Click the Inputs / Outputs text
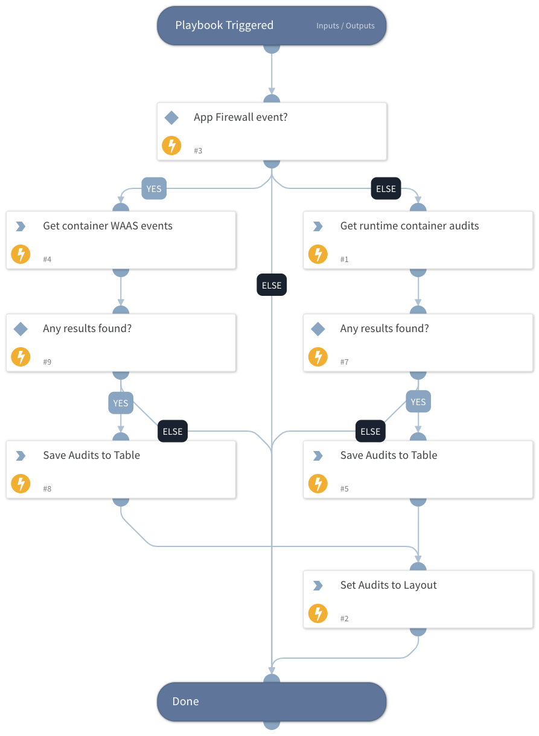point(345,26)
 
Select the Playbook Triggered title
point(224,25)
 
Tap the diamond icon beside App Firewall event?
point(171,118)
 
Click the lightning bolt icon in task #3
point(171,146)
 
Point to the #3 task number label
point(198,150)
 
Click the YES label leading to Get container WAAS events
point(154,189)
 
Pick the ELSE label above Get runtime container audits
point(386,189)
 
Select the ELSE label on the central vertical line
point(272,286)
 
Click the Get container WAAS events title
point(107,226)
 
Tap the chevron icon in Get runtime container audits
point(317,226)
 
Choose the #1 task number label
point(344,259)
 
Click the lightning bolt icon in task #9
point(21,357)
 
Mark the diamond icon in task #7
point(317,329)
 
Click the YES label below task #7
point(418,402)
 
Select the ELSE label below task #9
point(173,431)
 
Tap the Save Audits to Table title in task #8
point(91,455)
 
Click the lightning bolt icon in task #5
point(317,484)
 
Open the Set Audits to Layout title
point(388,585)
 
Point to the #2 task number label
point(344,618)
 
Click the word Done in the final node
point(185,702)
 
